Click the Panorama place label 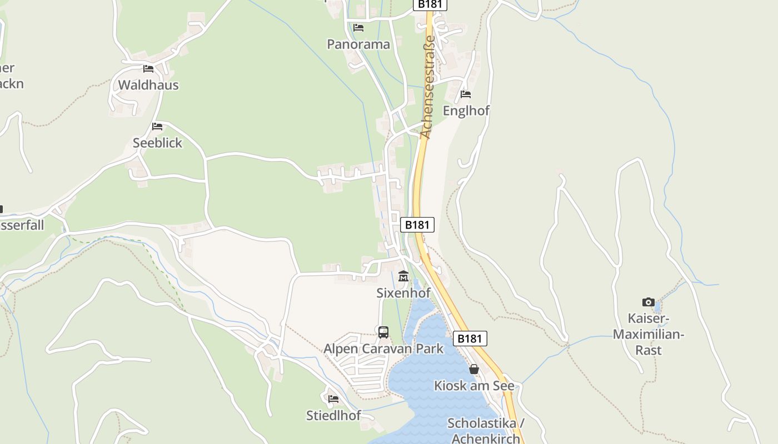[x=358, y=44]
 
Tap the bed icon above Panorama [x=358, y=27]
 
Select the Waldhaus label [x=148, y=85]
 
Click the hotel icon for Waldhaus [x=148, y=69]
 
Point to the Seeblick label [x=157, y=143]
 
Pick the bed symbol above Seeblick [x=157, y=127]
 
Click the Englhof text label [x=466, y=110]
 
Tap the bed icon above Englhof [x=466, y=94]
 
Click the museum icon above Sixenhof [x=403, y=276]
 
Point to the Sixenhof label [x=403, y=292]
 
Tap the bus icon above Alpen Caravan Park [x=383, y=332]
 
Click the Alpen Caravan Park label [x=383, y=349]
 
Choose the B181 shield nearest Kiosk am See [x=470, y=339]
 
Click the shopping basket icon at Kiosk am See [x=474, y=369]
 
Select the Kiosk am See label [x=474, y=385]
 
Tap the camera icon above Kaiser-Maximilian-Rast [x=649, y=302]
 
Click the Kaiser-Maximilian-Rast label [x=649, y=334]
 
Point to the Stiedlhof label [x=333, y=415]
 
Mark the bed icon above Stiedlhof [x=333, y=398]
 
